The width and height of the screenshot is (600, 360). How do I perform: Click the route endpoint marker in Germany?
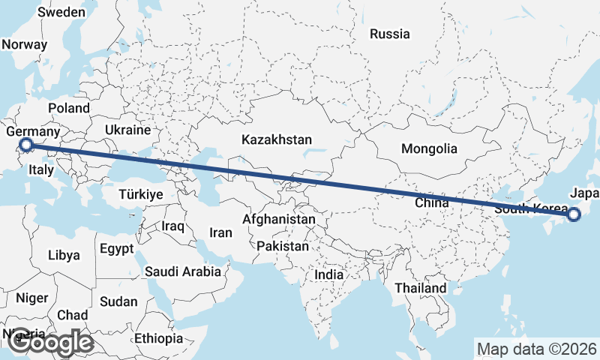coord(25,145)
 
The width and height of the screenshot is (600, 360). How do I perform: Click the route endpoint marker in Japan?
coord(574,215)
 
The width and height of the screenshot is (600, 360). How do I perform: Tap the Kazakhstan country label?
coord(277,139)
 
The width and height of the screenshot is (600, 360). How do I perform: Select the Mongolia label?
coord(429,148)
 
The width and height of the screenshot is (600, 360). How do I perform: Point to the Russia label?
coord(390,34)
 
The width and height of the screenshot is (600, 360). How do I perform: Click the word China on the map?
coord(431,202)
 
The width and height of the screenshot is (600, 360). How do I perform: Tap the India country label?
coord(328,274)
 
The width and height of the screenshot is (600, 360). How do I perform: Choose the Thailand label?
coord(421,287)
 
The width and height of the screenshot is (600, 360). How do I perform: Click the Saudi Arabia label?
coord(183,271)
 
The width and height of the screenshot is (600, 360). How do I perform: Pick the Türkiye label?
coord(141,194)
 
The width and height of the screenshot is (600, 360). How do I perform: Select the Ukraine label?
coord(127,130)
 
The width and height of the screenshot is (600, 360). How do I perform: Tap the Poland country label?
coord(69,108)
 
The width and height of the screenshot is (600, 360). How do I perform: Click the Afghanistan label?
coord(279,220)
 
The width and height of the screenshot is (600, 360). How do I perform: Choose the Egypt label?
coord(116,248)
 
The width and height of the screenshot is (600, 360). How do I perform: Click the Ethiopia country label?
coord(159,338)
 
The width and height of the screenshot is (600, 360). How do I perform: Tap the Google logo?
coord(50,343)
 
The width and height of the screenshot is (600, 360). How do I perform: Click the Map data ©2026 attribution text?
coord(537,349)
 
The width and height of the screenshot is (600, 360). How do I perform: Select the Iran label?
coord(220,232)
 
